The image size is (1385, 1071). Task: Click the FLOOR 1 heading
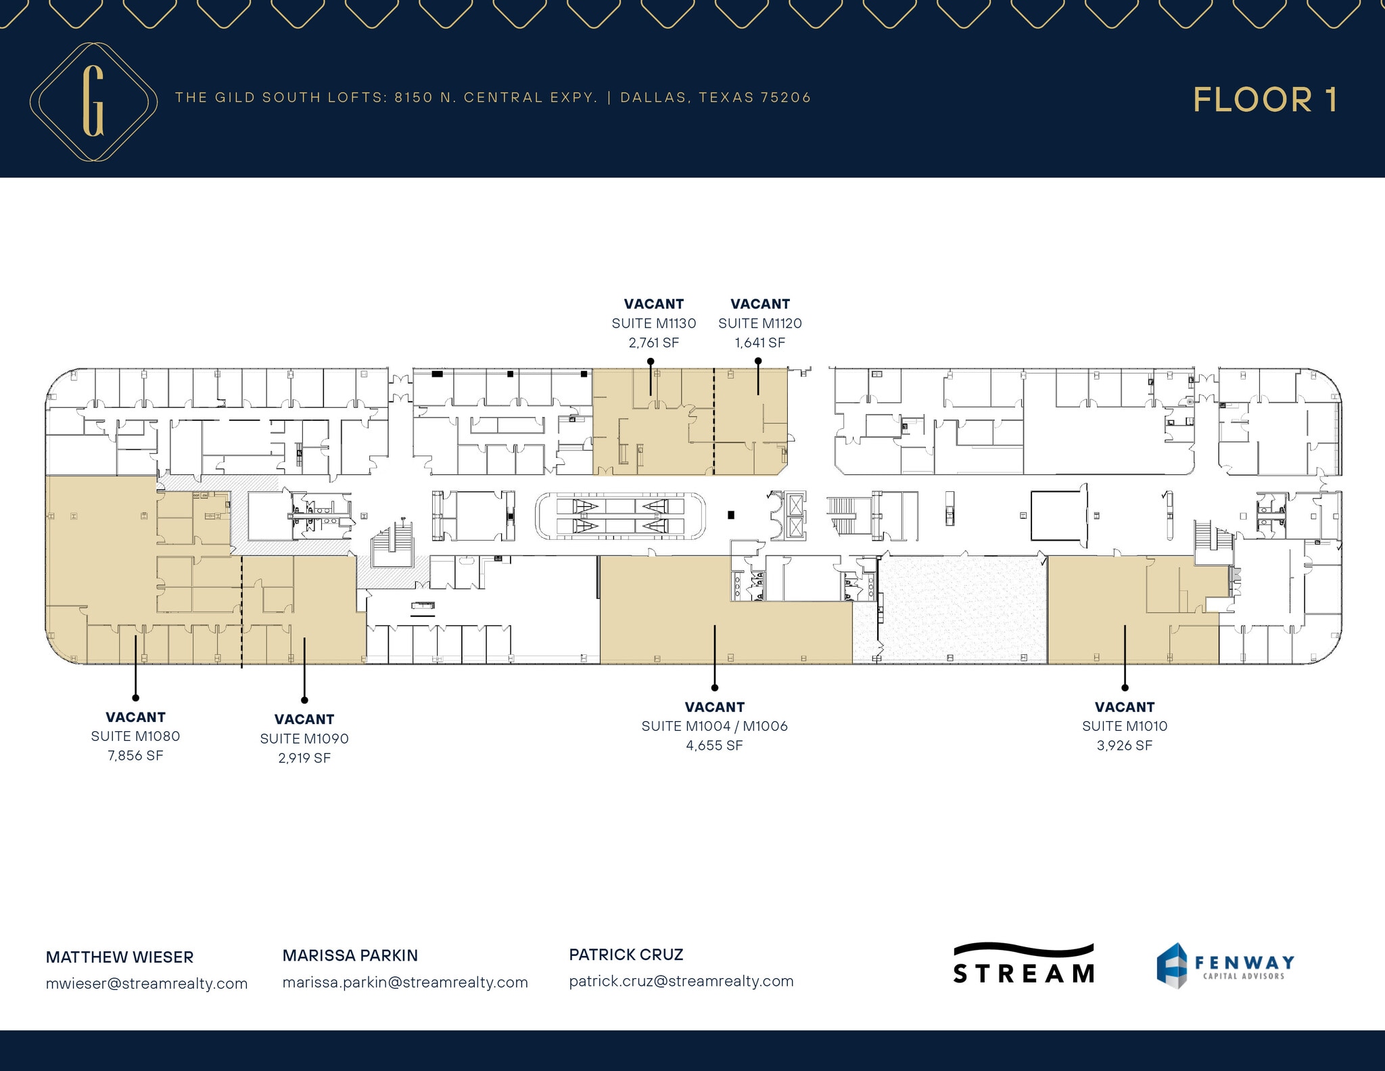1265,100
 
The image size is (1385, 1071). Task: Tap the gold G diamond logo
93,101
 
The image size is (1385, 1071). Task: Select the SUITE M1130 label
653,323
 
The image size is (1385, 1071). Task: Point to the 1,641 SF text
759,343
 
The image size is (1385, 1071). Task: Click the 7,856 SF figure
135,756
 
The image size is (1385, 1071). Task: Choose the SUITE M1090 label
304,739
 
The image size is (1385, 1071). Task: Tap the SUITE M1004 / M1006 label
714,726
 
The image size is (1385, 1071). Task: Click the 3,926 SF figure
1124,746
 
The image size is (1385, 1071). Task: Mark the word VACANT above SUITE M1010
1124,707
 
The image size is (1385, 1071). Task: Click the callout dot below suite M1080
135,698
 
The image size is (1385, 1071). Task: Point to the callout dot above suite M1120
758,361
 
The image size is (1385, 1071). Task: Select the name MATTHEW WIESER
120,957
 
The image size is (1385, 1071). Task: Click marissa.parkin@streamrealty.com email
405,982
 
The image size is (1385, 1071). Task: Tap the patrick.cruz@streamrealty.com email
681,981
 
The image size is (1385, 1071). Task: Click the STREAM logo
1023,965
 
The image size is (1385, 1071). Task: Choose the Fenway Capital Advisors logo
1225,965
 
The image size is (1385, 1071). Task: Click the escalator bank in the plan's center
620,516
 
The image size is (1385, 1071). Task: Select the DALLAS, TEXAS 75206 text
715,97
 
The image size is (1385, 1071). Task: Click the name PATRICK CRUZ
626,955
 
